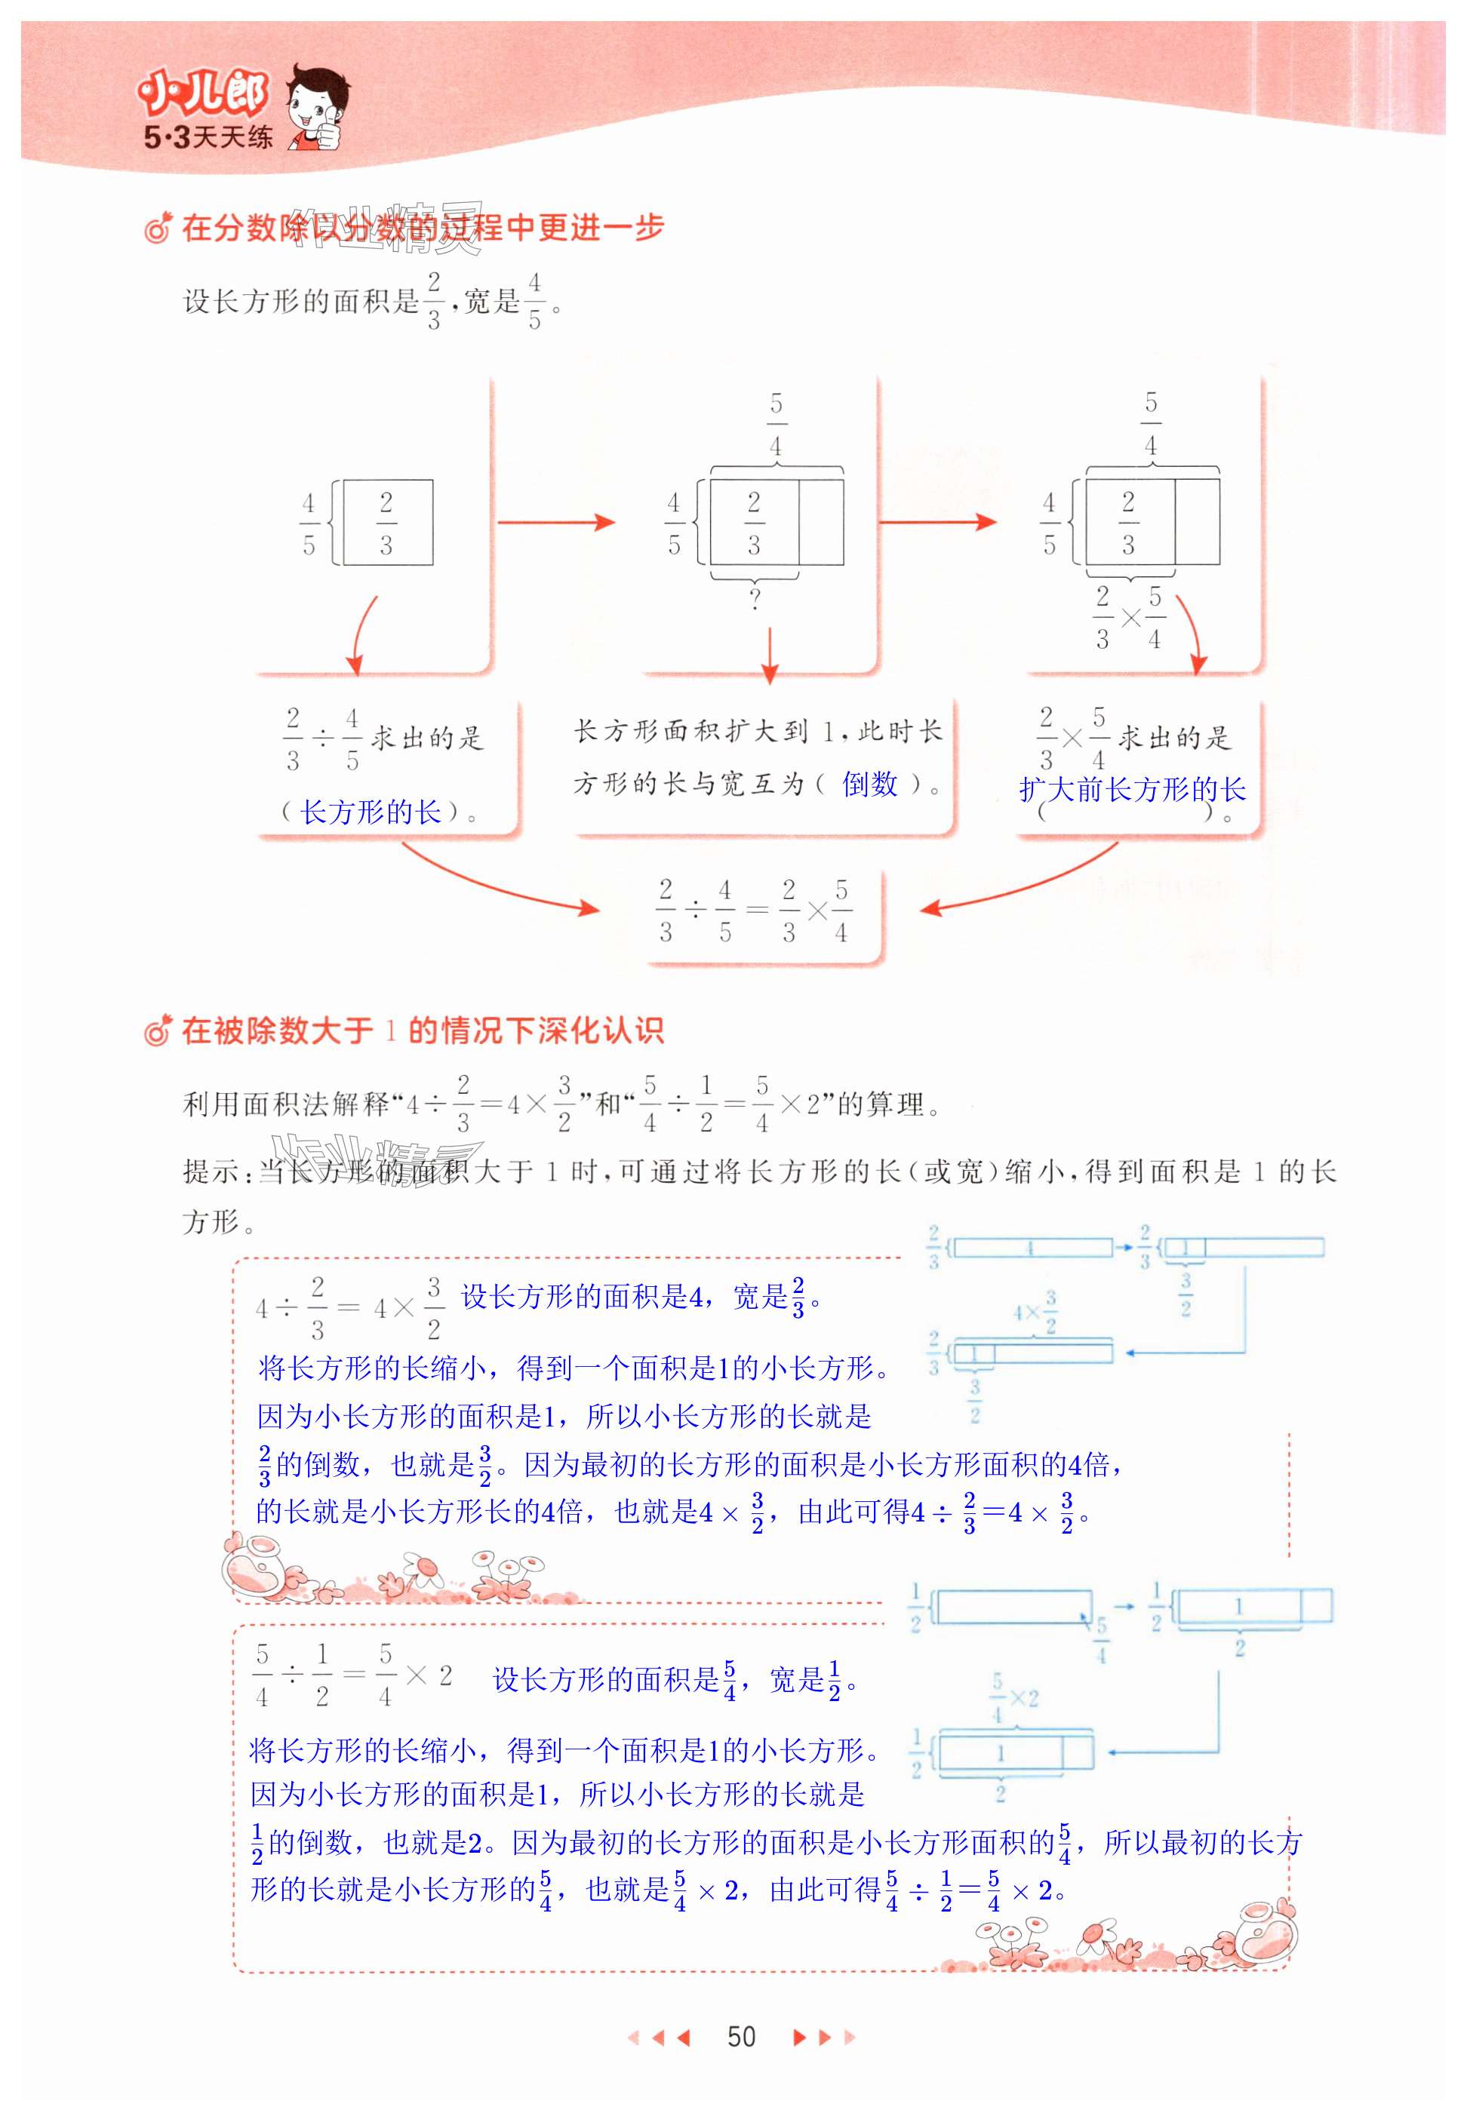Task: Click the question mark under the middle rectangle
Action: pyautogui.click(x=755, y=599)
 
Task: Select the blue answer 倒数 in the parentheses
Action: pyautogui.click(x=869, y=784)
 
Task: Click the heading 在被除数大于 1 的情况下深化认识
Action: pyautogui.click(x=422, y=1031)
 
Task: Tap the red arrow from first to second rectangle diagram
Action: pyautogui.click(x=556, y=522)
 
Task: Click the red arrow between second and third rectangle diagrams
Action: pyautogui.click(x=937, y=522)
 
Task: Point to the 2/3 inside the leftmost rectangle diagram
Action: pyautogui.click(x=386, y=523)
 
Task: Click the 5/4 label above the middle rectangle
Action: pyautogui.click(x=777, y=425)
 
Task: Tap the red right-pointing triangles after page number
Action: pyautogui.click(x=823, y=2038)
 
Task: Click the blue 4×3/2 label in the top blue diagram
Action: pyautogui.click(x=1036, y=1311)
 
